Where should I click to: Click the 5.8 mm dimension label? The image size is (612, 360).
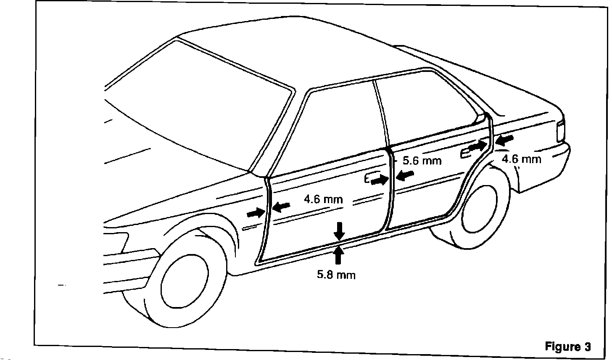pos(336,275)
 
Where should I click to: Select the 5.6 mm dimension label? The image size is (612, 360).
pos(422,161)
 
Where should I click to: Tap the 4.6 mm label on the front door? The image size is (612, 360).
pos(323,199)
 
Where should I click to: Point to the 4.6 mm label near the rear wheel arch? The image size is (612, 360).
pos(521,159)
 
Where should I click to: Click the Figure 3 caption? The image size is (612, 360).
pos(567,347)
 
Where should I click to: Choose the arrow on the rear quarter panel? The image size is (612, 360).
pos(504,140)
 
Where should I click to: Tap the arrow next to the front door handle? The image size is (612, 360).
pos(379,180)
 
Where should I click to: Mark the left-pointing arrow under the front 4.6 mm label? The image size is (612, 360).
pos(281,206)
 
